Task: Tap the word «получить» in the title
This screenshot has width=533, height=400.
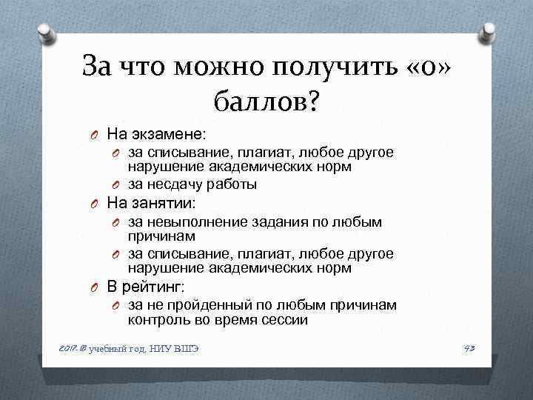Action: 337,67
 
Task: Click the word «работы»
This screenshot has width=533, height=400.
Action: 227,184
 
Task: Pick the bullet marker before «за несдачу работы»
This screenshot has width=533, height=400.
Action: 116,185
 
